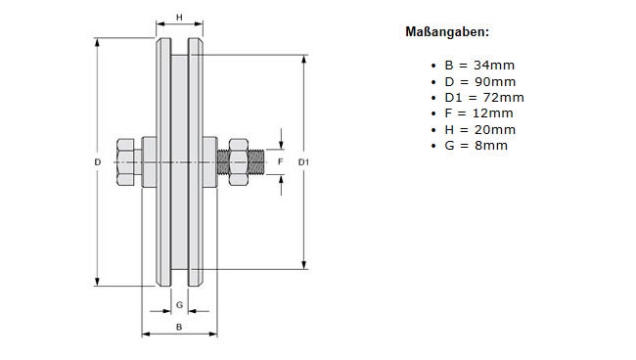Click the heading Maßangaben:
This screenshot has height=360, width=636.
(447, 32)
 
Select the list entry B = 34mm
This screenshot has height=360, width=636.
(479, 66)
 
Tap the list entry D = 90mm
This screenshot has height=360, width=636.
(479, 82)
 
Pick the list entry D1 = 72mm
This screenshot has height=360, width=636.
(484, 98)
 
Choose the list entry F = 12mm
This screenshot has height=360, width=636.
(478, 113)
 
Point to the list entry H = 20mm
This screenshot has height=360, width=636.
(479, 130)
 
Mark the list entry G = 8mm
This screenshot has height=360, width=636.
(476, 146)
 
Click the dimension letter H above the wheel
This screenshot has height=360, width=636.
(179, 18)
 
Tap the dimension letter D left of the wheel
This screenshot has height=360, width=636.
(97, 162)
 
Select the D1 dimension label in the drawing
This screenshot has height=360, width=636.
(303, 162)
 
